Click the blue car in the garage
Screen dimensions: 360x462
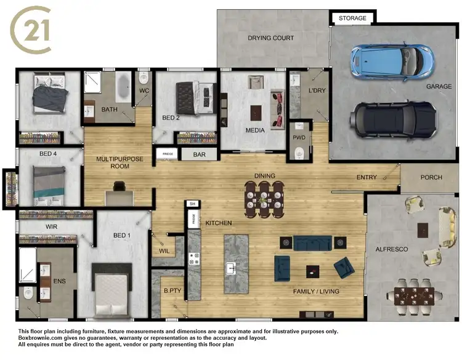[x=390, y=60]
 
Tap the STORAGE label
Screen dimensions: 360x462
[x=352, y=18]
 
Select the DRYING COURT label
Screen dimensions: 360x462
[x=271, y=38]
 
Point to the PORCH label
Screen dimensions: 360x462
[x=431, y=178]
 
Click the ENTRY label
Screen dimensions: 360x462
[x=367, y=178]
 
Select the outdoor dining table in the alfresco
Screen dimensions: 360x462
[x=414, y=295]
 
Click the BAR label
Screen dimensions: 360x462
[x=199, y=155]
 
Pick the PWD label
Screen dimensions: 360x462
[x=299, y=138]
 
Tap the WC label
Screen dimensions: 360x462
[x=144, y=91]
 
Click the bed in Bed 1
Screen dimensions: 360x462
[x=111, y=288]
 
